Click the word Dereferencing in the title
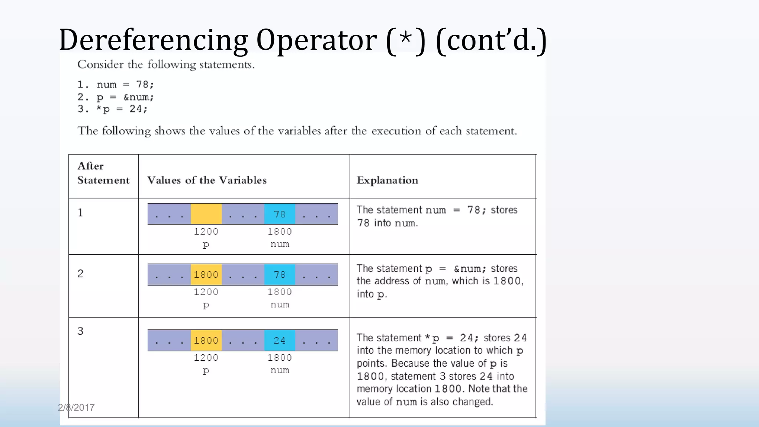tap(153, 40)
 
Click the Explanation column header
tap(387, 180)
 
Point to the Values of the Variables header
tap(207, 180)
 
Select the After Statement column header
tap(103, 173)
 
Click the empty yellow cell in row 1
tap(206, 214)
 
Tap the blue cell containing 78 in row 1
tap(279, 214)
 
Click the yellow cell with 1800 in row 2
tap(206, 275)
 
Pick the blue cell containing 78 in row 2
tap(279, 275)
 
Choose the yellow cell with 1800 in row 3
tap(206, 340)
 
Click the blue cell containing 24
tap(279, 340)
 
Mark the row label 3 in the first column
tap(80, 331)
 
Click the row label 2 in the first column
tap(80, 274)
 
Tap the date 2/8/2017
tap(76, 408)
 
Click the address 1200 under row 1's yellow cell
tap(206, 232)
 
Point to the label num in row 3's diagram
tap(280, 370)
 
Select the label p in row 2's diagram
tap(206, 305)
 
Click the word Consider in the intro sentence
tap(100, 65)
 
